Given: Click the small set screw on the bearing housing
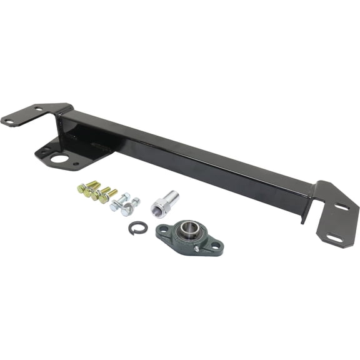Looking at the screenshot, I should pyautogui.click(x=196, y=248).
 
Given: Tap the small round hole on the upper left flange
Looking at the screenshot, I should pyautogui.click(x=39, y=109).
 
